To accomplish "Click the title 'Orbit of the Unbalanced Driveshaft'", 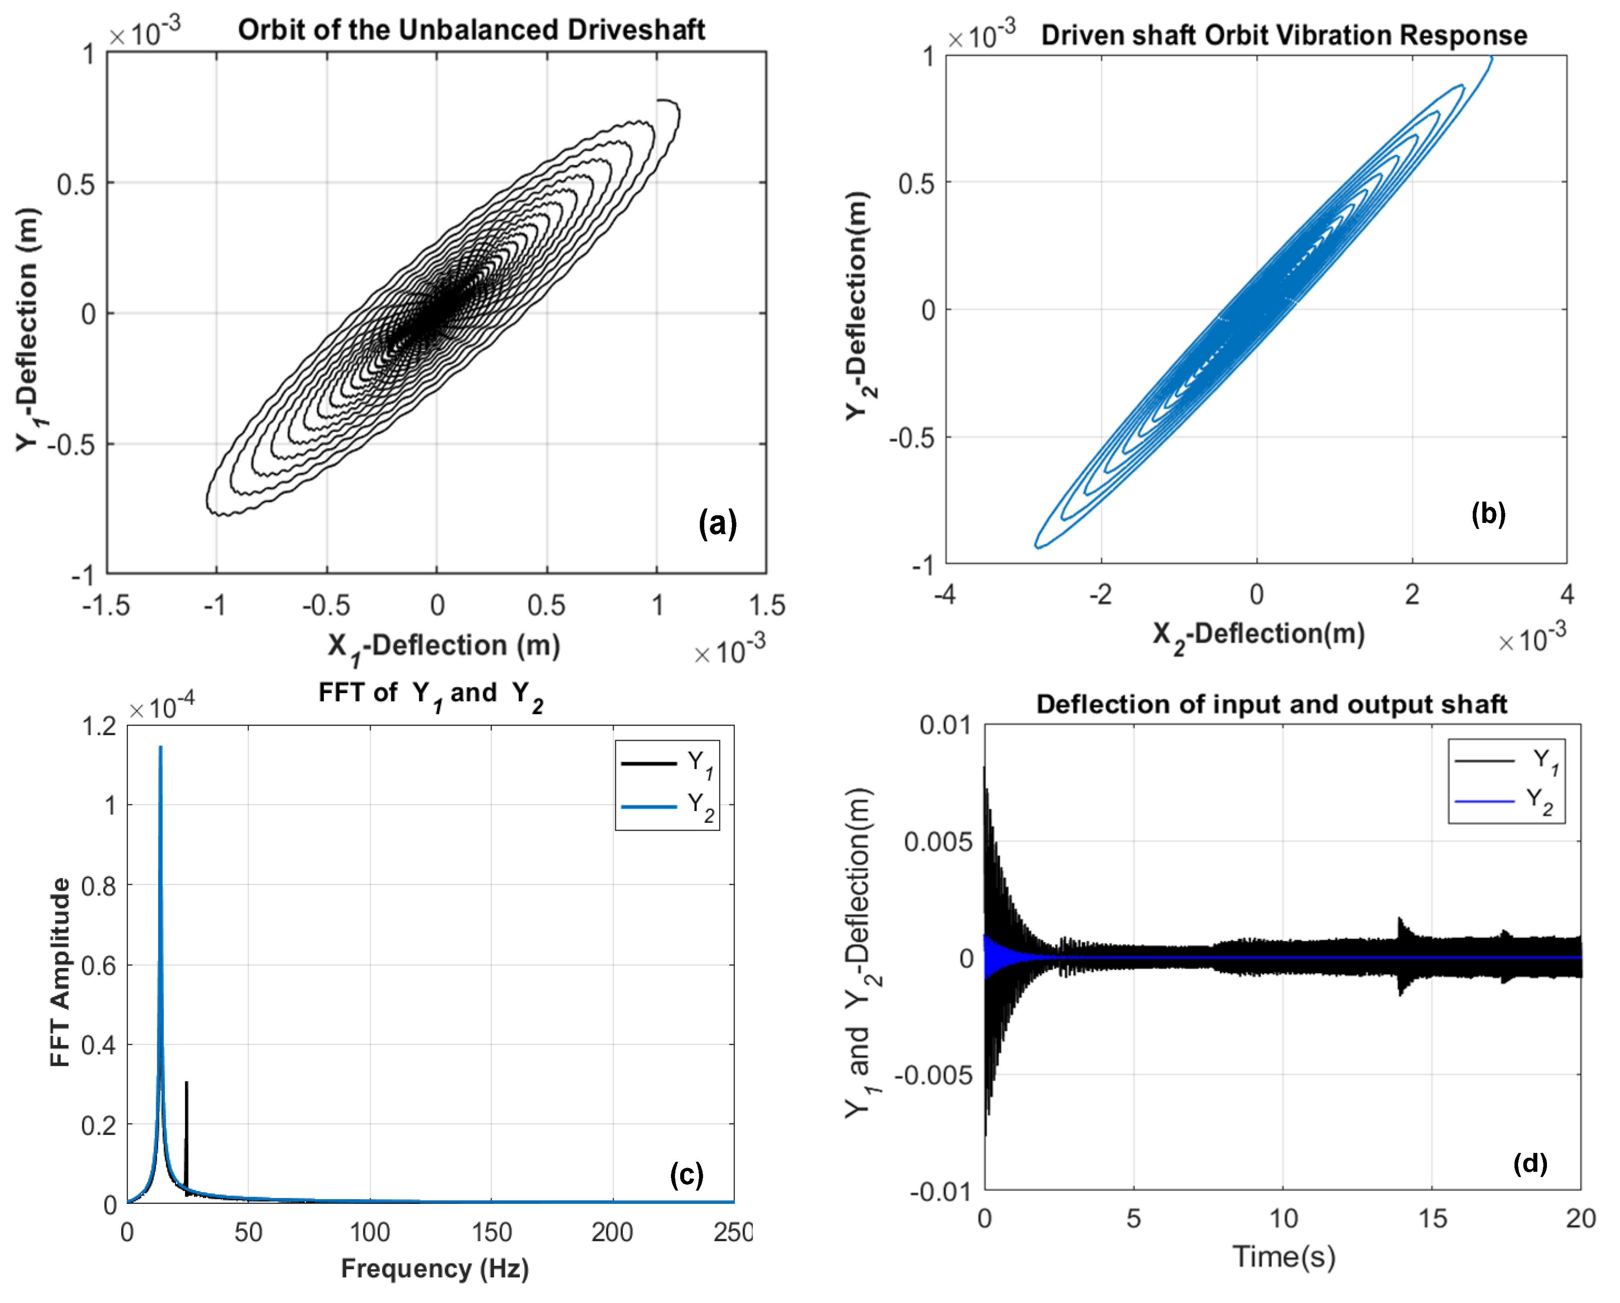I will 471,30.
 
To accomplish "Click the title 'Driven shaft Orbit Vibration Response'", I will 1283,35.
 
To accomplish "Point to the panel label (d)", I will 1530,1163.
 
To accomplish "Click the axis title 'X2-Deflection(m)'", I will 1258,635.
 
